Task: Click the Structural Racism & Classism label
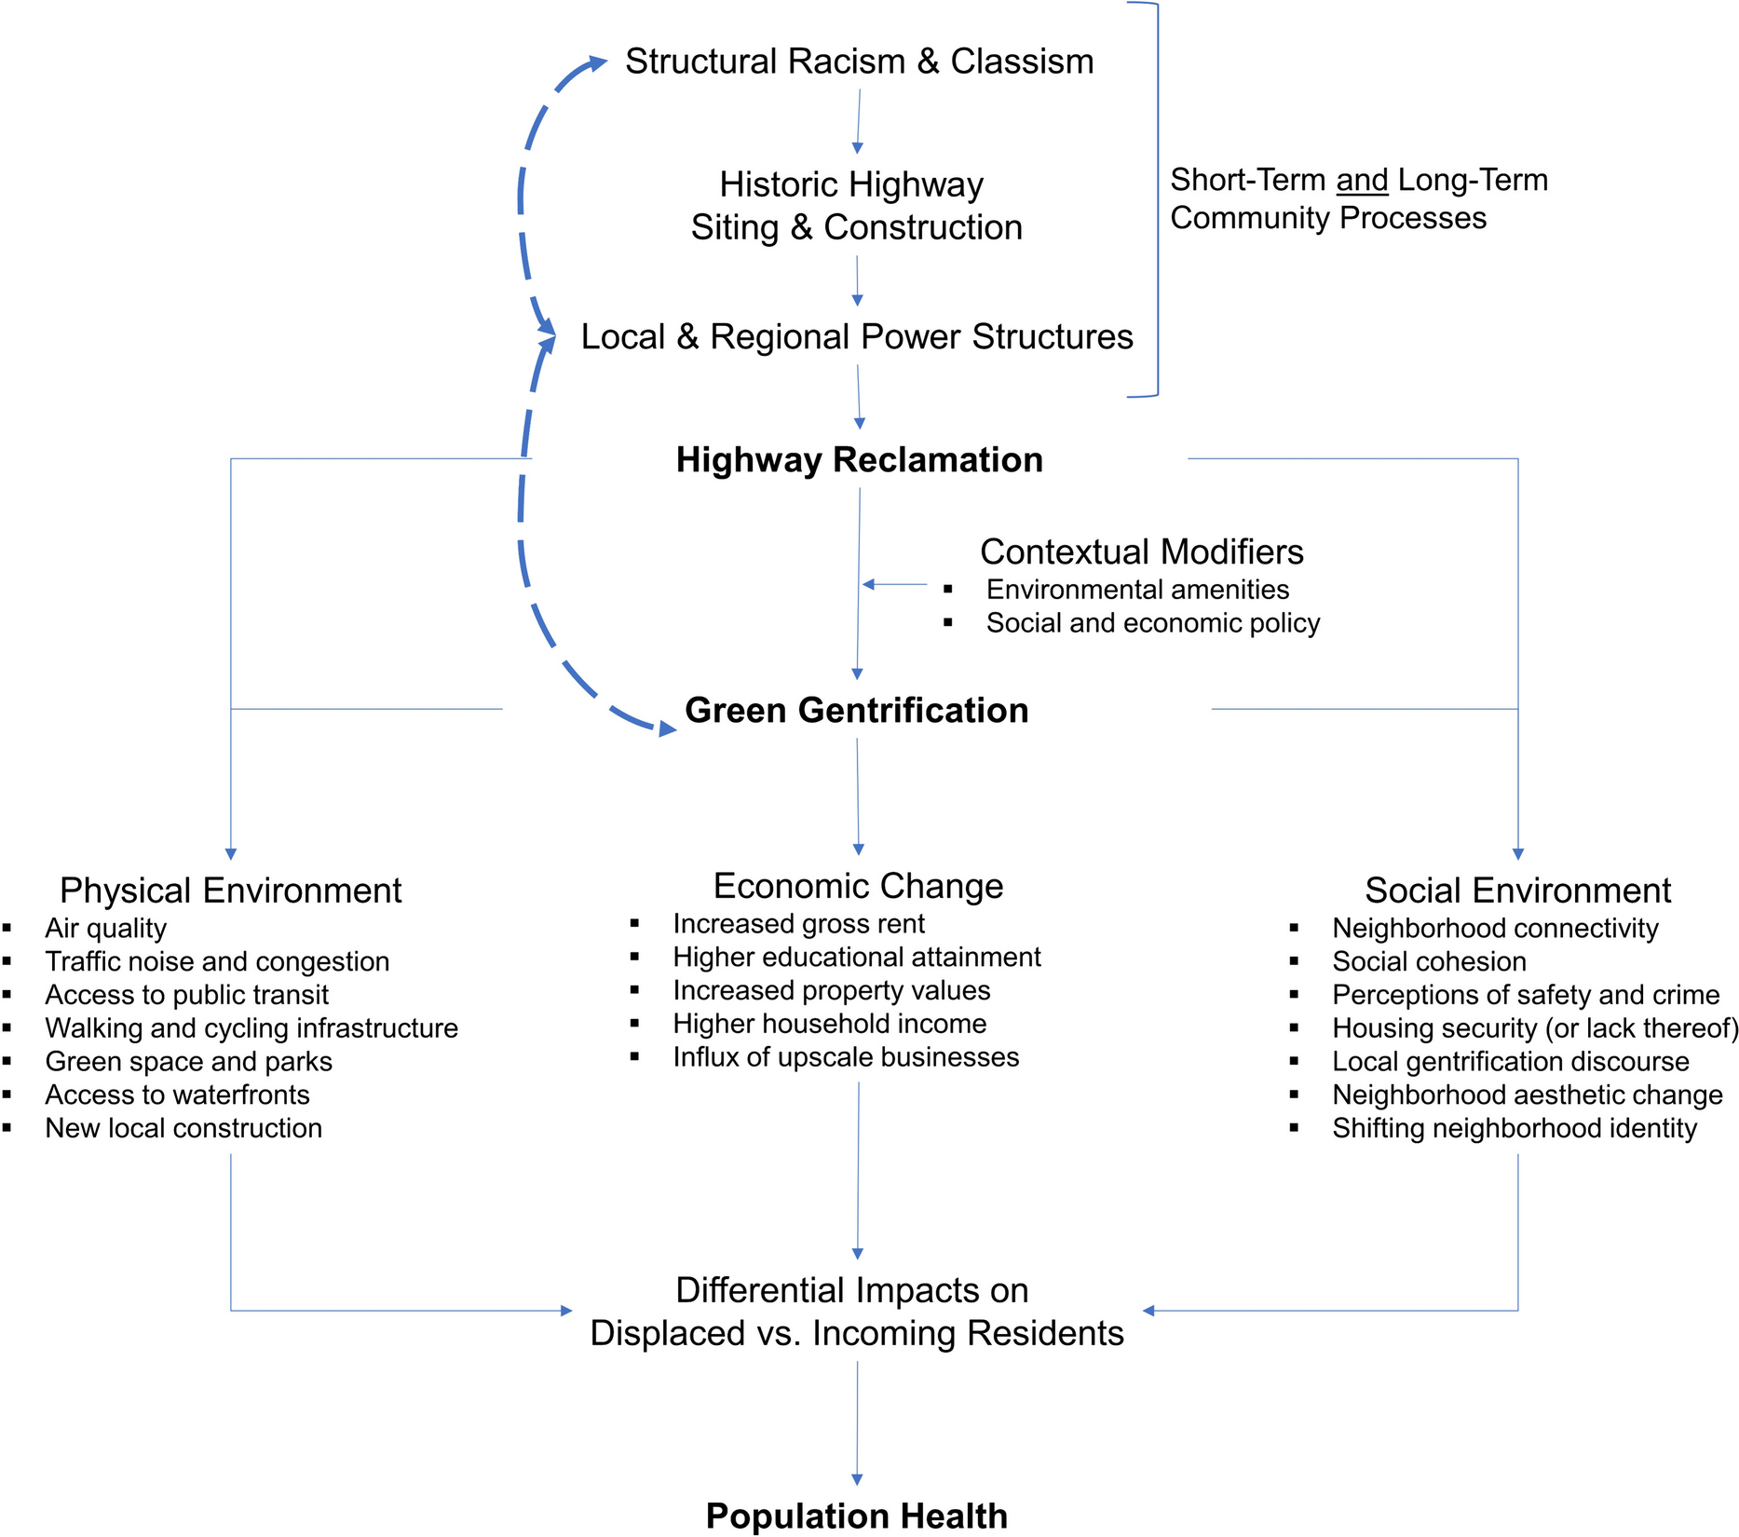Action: [x=859, y=61]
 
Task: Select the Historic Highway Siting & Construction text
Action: [x=855, y=206]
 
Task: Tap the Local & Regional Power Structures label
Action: [x=856, y=336]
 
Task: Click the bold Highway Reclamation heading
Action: [x=859, y=460]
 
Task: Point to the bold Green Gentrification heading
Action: [x=856, y=711]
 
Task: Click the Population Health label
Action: [x=856, y=1516]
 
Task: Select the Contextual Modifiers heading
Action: [x=1141, y=551]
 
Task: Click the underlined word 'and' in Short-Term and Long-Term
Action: [x=1362, y=180]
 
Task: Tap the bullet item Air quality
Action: [x=105, y=929]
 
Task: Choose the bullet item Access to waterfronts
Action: [x=177, y=1095]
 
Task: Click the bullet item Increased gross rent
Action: [x=798, y=924]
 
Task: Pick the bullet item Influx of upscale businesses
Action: [x=846, y=1057]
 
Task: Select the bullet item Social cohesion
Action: [x=1429, y=961]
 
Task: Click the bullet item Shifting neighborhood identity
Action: [x=1514, y=1128]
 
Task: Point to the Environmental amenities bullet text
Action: [x=1137, y=590]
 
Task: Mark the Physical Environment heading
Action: [x=230, y=891]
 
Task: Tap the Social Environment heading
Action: [x=1517, y=891]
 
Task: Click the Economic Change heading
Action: [x=858, y=886]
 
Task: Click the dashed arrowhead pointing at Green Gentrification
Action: [x=667, y=728]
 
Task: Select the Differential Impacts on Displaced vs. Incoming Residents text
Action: [x=856, y=1312]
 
